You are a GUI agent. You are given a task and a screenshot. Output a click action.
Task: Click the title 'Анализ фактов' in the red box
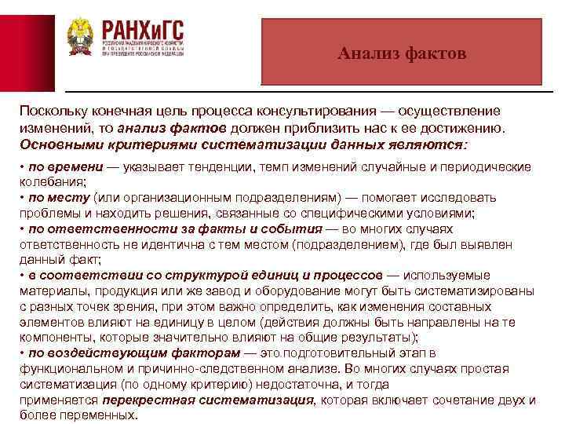tap(402, 53)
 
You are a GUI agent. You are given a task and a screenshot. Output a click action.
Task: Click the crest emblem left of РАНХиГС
tap(79, 36)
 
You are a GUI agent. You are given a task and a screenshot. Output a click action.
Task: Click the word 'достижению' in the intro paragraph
tap(467, 129)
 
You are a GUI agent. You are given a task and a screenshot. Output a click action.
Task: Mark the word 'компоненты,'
tap(56, 337)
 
